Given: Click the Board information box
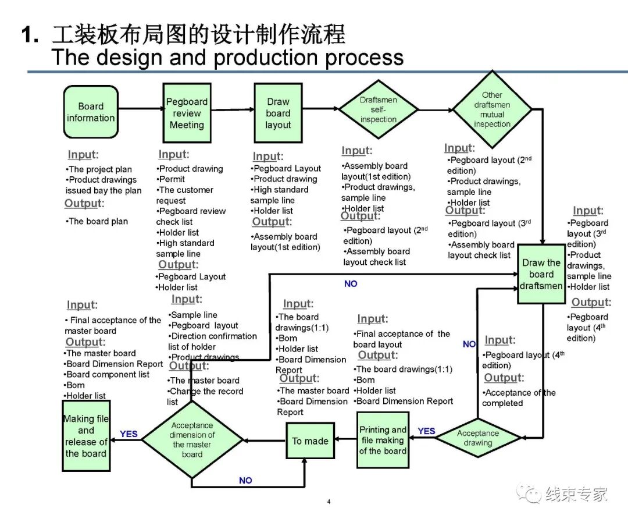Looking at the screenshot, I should (x=90, y=112).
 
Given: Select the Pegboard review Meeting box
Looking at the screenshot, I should (x=186, y=113).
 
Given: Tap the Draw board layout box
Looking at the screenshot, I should (x=278, y=113).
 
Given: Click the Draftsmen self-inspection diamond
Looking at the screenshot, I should (x=378, y=109).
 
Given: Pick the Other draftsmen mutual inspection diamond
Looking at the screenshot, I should (x=491, y=109).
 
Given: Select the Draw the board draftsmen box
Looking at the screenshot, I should (x=541, y=274).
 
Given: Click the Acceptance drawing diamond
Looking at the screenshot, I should (x=477, y=438).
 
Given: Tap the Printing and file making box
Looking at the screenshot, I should (x=382, y=441).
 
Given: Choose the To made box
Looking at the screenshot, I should (x=310, y=441).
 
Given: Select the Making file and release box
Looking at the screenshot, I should (x=85, y=436).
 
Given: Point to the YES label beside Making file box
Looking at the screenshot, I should (x=129, y=434).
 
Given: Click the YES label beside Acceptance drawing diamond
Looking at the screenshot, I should (x=426, y=431).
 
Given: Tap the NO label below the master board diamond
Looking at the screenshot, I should (x=245, y=481).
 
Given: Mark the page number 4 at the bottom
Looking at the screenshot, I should (x=329, y=502).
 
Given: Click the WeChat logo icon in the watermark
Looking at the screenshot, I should (x=530, y=493).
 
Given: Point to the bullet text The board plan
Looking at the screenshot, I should (x=98, y=221).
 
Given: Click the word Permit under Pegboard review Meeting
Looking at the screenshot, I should (x=172, y=179).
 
